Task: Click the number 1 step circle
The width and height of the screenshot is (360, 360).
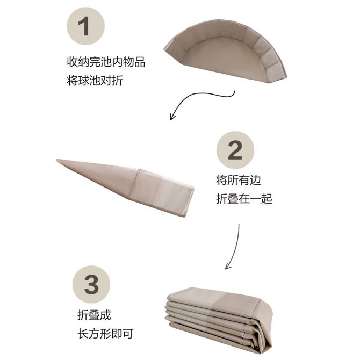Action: point(86,26)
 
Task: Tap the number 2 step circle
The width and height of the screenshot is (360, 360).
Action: point(235,150)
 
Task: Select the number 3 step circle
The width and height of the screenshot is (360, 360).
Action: point(91,284)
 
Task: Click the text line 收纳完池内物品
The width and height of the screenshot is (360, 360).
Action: point(106,62)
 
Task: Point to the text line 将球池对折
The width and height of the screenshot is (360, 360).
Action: point(95,81)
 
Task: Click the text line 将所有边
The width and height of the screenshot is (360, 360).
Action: point(239,180)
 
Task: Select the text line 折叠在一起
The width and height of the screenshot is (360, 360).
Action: point(244,199)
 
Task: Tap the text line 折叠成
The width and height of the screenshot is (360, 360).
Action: point(94,315)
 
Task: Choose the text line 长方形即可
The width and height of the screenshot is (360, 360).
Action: point(105,334)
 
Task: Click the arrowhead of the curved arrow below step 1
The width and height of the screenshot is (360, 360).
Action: point(172,117)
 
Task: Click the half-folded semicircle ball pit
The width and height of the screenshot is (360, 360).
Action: point(225,51)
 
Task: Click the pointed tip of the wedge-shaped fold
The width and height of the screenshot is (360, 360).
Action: point(57,160)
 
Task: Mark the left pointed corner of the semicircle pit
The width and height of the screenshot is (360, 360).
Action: point(164,49)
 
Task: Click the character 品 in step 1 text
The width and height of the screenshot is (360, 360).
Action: point(140,62)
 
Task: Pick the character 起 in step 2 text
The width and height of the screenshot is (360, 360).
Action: point(267,199)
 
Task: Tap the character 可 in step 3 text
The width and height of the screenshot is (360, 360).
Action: point(128,334)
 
